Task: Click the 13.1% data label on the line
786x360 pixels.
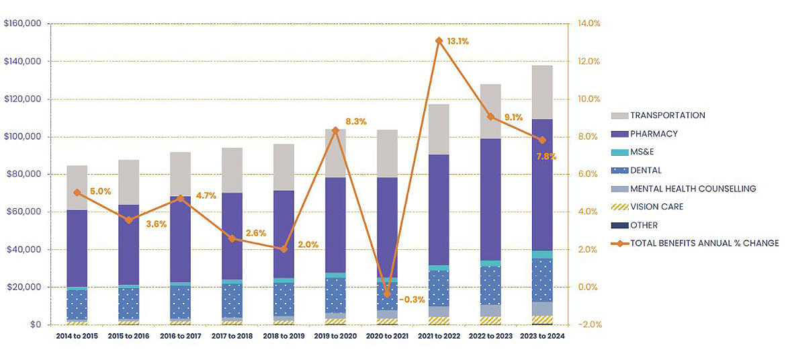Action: (457, 42)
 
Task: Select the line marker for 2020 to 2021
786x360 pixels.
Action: (387, 294)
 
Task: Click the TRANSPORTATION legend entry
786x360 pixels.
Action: (667, 116)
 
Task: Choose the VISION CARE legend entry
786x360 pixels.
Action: (656, 207)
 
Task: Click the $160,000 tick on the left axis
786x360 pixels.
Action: (24, 24)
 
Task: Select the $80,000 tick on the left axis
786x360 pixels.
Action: (26, 175)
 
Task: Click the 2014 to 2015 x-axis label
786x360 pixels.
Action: (77, 336)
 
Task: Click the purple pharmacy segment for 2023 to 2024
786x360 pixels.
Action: (542, 185)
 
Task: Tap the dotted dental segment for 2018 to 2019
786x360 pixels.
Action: (283, 299)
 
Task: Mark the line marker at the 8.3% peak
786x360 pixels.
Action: (335, 130)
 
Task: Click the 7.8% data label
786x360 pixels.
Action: (545, 156)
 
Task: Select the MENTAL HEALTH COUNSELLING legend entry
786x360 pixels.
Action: (693, 189)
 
